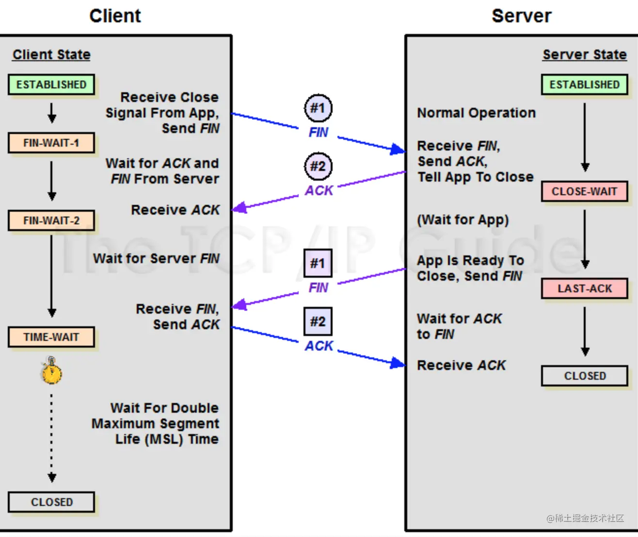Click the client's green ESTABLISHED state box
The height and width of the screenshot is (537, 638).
click(x=51, y=84)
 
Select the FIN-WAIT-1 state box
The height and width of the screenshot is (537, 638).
click(x=51, y=143)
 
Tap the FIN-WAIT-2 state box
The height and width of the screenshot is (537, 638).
click(x=51, y=220)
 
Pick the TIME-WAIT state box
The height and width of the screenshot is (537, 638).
click(x=51, y=337)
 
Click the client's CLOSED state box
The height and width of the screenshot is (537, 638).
click(x=51, y=502)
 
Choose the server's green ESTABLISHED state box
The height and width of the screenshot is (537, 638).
click(x=585, y=84)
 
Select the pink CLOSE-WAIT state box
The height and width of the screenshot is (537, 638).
click(x=585, y=191)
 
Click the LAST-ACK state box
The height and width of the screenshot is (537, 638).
click(x=585, y=288)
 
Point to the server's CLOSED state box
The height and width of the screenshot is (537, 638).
click(x=585, y=376)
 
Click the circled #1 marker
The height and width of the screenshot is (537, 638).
click(x=318, y=108)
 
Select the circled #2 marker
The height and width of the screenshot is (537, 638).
click(x=318, y=167)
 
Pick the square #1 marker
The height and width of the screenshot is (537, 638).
click(x=318, y=263)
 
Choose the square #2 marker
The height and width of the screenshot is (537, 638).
click(x=318, y=321)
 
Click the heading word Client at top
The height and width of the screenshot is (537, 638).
click(x=115, y=16)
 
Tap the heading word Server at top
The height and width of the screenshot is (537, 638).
click(x=522, y=16)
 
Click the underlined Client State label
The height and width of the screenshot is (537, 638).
click(x=51, y=55)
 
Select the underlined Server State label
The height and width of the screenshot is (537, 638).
click(x=585, y=55)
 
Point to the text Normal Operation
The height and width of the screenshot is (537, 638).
click(x=477, y=113)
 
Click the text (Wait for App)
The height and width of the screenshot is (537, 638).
click(x=463, y=219)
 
